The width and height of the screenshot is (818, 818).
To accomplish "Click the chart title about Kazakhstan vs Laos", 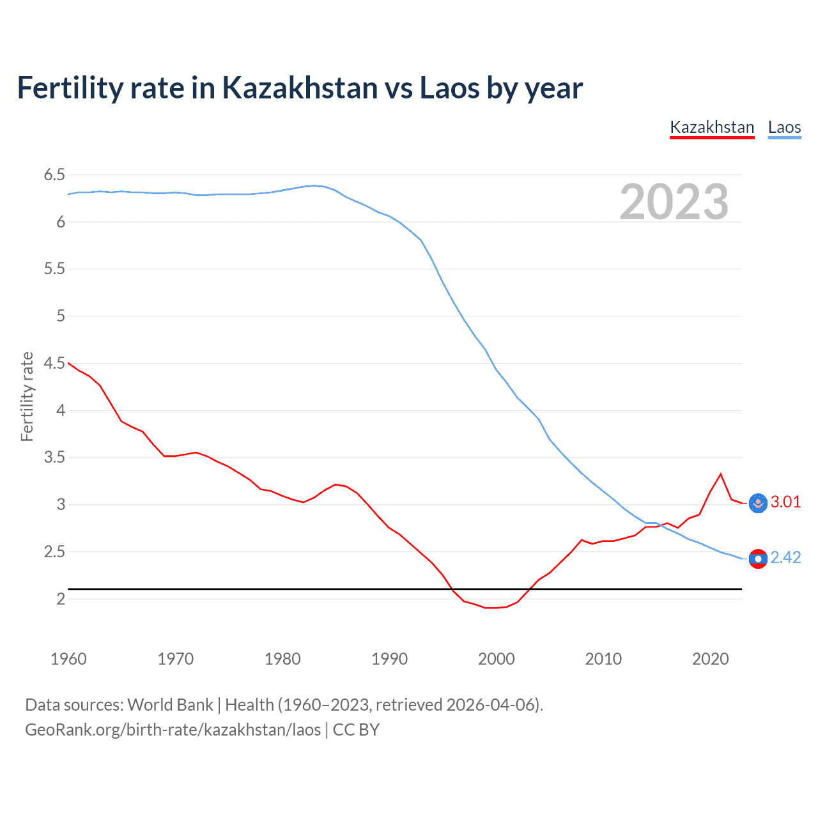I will [300, 88].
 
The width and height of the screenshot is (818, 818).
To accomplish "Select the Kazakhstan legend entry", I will [712, 127].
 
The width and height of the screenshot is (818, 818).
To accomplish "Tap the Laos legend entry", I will [784, 127].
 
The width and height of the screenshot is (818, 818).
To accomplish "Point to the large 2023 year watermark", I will [674, 202].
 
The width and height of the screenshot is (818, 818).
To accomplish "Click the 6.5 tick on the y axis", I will [54, 175].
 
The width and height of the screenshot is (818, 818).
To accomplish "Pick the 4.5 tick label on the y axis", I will [54, 363].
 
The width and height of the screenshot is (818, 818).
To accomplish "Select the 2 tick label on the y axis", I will [61, 599].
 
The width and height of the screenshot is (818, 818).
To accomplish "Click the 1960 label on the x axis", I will [68, 659].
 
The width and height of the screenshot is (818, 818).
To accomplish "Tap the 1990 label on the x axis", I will [389, 659].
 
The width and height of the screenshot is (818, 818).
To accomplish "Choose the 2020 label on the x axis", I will [710, 659].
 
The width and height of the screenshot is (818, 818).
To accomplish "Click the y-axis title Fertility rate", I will [27, 396].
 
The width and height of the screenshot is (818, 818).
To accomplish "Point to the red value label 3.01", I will [785, 502].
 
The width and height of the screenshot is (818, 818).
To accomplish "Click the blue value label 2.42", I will [785, 557].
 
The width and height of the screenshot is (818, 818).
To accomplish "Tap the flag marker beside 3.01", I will [758, 503].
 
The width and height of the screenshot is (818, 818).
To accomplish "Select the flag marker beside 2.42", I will [758, 559].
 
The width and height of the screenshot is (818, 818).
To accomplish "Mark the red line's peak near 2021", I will [721, 474].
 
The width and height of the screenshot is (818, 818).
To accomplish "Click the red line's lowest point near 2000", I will [491, 608].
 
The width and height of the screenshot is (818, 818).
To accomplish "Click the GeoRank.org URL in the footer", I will [173, 730].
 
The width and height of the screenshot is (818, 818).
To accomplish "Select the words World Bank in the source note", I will [170, 705].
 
